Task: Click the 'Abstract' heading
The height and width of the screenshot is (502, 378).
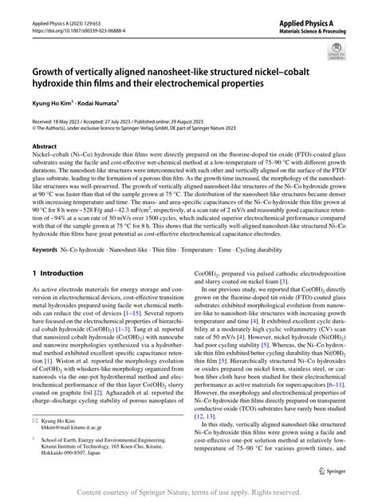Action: click(x=45, y=147)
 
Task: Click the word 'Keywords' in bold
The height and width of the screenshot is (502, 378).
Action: click(x=48, y=250)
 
